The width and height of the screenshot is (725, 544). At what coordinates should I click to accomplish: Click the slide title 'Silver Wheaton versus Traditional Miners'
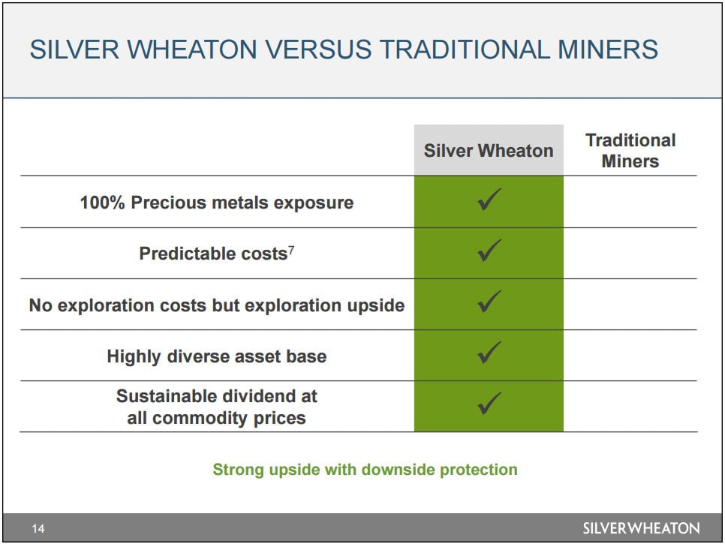(x=344, y=50)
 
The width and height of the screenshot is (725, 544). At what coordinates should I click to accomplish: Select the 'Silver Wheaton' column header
(x=489, y=151)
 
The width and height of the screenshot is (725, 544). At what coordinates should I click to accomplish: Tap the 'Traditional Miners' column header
(x=630, y=151)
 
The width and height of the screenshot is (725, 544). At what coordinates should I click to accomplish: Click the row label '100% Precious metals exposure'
(x=216, y=203)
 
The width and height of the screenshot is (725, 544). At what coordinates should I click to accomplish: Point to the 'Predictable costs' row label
(x=214, y=254)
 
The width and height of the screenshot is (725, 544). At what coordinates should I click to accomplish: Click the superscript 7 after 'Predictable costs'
(x=291, y=250)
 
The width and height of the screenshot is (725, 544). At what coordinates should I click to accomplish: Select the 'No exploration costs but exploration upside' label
(x=216, y=305)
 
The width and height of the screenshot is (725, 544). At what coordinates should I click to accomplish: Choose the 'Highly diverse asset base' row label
(x=216, y=356)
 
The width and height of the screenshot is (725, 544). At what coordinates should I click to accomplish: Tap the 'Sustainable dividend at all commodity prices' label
(x=216, y=407)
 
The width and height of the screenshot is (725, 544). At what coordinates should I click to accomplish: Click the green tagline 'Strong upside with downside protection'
(x=365, y=470)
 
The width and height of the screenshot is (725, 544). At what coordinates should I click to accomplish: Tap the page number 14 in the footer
(x=38, y=528)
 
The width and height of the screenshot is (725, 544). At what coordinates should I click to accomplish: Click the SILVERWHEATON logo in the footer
(x=641, y=528)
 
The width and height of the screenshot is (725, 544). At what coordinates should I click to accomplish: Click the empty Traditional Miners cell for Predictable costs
(x=630, y=254)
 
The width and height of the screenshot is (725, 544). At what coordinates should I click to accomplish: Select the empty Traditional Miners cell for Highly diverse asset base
(x=630, y=356)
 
